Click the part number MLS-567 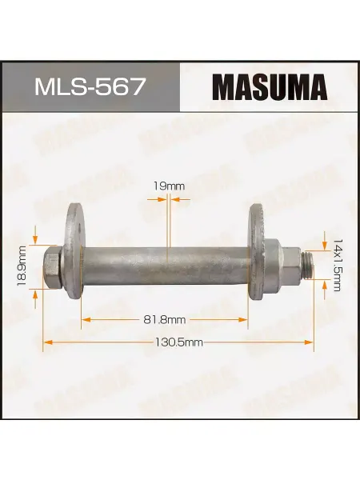[x=89, y=86]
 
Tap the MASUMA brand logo [x=270, y=86]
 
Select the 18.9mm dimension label [x=22, y=266]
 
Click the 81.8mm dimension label [x=165, y=320]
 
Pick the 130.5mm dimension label [x=178, y=342]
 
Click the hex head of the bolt [x=52, y=267]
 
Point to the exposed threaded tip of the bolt [x=307, y=265]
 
